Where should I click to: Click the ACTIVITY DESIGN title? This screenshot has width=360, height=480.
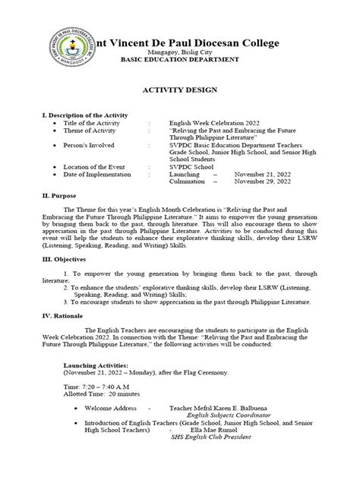point(179,90)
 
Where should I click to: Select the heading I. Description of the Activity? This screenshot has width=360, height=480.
point(84,115)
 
